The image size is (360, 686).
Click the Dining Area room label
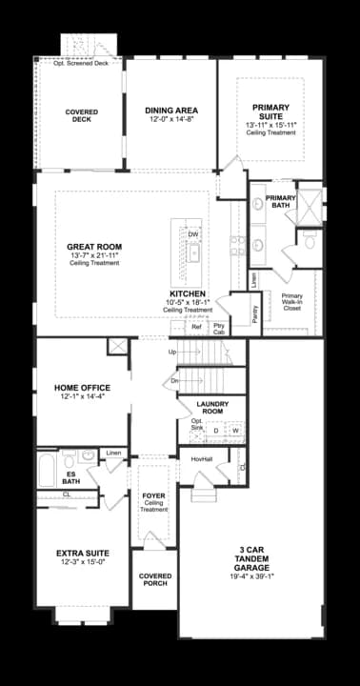click(170, 110)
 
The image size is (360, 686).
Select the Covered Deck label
click(82, 115)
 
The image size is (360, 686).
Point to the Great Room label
click(94, 247)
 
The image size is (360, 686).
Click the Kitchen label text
click(187, 293)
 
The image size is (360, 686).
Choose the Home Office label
click(82, 388)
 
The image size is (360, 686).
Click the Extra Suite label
click(82, 554)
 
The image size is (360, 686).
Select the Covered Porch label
click(155, 579)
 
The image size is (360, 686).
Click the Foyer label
click(153, 495)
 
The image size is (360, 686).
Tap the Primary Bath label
click(281, 202)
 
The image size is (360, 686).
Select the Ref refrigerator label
click(196, 327)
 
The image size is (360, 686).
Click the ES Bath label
click(70, 476)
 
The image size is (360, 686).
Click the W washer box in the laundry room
click(234, 431)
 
